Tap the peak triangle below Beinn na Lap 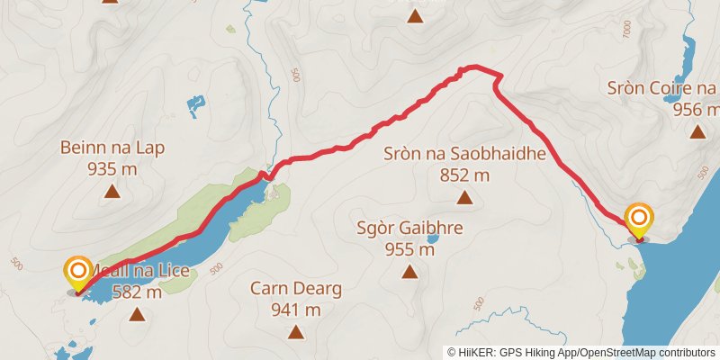click(112, 190)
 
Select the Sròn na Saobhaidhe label click(465, 154)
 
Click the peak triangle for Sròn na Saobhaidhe click(464, 197)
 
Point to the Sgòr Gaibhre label click(410, 229)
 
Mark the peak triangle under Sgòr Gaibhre click(410, 271)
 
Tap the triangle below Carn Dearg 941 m click(296, 331)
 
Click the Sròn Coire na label click(661, 88)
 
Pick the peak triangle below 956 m click(697, 132)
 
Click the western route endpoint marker click(78, 271)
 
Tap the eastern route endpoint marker click(639, 219)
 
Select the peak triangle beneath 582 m click(137, 313)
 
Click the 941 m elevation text click(297, 310)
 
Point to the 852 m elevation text click(465, 175)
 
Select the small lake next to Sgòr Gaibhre click(433, 239)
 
